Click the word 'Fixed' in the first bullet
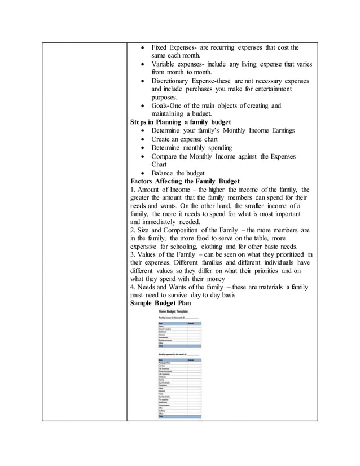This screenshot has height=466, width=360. click(x=161, y=48)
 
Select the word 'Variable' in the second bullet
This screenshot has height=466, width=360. click(x=165, y=64)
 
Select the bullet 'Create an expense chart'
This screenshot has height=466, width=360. click(x=185, y=139)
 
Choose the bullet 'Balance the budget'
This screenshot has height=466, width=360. click(x=178, y=173)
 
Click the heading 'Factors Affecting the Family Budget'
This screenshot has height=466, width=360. click(x=185, y=181)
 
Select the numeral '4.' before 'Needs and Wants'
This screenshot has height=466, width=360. click(x=133, y=287)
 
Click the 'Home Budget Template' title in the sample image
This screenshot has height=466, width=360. click(x=174, y=311)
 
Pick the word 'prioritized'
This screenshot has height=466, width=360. click(x=287, y=256)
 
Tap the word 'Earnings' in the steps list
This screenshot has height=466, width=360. click(x=280, y=130)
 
